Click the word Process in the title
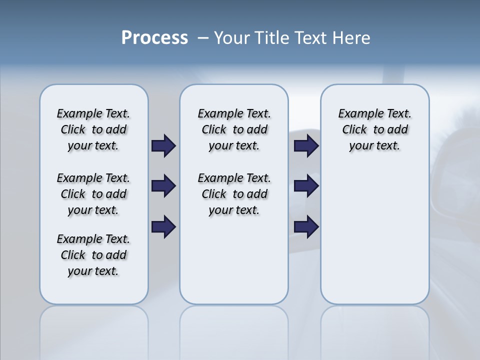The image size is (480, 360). click(154, 38)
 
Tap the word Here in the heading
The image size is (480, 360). click(351, 38)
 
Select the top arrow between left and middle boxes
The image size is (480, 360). click(163, 145)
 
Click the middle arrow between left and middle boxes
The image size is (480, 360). click(163, 186)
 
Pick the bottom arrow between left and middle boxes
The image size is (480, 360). click(163, 227)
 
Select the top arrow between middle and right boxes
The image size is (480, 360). click(306, 145)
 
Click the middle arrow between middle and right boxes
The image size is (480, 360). click(306, 186)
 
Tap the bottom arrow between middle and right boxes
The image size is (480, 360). click(306, 227)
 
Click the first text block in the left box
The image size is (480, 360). click(93, 129)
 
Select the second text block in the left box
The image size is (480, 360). click(93, 194)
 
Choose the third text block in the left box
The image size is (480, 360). click(93, 255)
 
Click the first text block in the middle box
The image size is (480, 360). click(234, 129)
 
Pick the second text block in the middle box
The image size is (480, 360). click(234, 194)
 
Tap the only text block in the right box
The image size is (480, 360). click(374, 129)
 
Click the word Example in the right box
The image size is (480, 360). click(357, 114)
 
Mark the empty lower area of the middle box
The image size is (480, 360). click(234, 260)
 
